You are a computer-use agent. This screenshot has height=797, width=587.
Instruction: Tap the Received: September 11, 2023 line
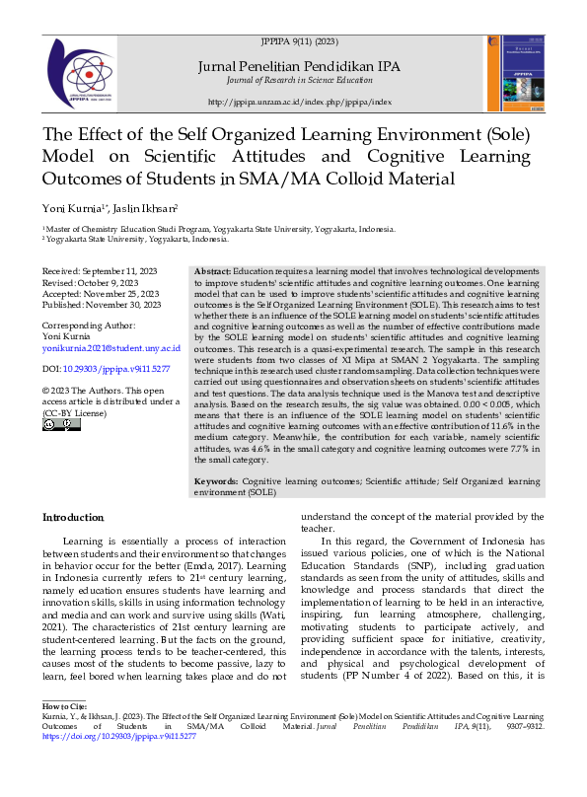tap(97, 271)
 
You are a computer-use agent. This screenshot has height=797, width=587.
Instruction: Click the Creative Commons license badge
tap(59, 424)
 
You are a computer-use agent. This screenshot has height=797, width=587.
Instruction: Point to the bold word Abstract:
tap(212, 270)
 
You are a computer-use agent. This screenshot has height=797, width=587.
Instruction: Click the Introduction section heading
tap(72, 518)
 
